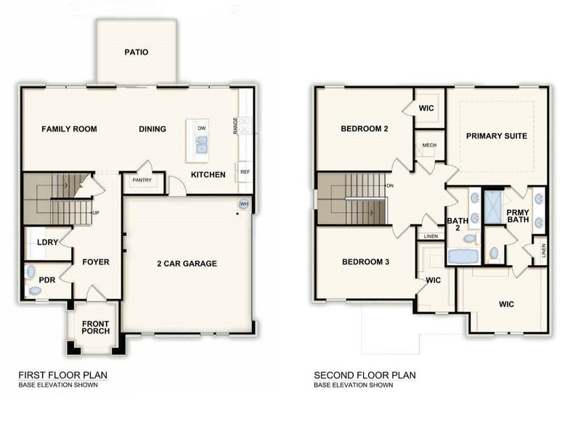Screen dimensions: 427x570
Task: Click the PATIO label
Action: coord(136,52)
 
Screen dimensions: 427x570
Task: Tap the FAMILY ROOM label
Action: coord(69,129)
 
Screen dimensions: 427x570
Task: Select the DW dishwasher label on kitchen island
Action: coord(202,128)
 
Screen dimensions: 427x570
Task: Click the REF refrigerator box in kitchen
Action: coord(245,172)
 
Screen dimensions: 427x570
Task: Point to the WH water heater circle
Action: coord(244,204)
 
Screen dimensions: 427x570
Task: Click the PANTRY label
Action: coord(142,181)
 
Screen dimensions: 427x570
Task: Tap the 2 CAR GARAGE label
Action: coord(187,264)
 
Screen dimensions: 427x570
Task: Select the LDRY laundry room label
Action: coord(37,242)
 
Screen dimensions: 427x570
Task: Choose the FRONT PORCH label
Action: coord(96,327)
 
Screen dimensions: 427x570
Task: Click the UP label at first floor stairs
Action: coord(96,213)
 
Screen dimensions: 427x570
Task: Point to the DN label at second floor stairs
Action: coord(390,185)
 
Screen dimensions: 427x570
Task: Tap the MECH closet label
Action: coord(429,145)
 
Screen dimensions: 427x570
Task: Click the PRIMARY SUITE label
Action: coord(497,136)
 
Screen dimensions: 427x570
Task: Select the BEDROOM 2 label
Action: coord(365,129)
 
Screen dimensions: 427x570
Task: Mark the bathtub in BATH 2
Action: coord(461,256)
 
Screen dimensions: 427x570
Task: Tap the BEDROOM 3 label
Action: coord(365,261)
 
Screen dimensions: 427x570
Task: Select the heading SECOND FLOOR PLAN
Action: coord(365,375)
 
